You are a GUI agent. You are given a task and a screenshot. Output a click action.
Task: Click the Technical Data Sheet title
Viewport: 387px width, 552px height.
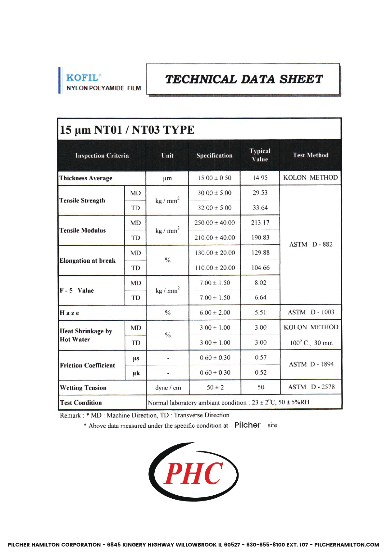click(244, 79)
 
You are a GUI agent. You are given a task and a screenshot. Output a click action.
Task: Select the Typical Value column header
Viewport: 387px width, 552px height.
click(260, 155)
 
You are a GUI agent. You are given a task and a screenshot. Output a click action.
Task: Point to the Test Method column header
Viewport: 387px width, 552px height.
click(310, 155)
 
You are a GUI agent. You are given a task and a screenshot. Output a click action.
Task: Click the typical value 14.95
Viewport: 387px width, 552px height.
click(260, 178)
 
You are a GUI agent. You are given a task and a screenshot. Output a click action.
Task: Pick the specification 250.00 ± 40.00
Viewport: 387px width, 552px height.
click(215, 223)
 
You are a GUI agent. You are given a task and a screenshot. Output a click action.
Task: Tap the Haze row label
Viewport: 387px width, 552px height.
click(69, 313)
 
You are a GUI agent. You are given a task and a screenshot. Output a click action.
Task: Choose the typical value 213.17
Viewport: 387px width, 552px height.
click(260, 222)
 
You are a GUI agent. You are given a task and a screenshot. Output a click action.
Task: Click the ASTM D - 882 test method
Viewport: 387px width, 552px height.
click(311, 244)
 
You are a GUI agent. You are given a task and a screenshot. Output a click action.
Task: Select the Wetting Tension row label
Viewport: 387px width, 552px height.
click(83, 388)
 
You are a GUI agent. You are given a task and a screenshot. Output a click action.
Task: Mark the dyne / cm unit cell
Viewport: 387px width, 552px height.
click(168, 388)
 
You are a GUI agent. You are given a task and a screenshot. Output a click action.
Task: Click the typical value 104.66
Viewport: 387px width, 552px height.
click(260, 268)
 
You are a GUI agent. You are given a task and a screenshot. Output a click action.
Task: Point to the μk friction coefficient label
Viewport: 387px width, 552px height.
click(136, 373)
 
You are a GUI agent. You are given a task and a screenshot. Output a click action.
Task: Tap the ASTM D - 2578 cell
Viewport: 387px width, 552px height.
click(311, 387)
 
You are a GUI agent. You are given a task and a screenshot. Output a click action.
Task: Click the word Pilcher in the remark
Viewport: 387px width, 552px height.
click(247, 425)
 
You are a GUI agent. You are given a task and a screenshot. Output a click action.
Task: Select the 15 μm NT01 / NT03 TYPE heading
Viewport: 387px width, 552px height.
click(127, 130)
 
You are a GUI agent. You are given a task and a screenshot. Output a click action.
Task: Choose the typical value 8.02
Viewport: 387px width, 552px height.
click(260, 283)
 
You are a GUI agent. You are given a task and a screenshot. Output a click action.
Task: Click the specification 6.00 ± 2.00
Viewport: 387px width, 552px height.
click(215, 313)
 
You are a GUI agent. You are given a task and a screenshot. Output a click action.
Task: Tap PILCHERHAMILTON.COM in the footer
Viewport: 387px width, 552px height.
click(347, 545)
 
